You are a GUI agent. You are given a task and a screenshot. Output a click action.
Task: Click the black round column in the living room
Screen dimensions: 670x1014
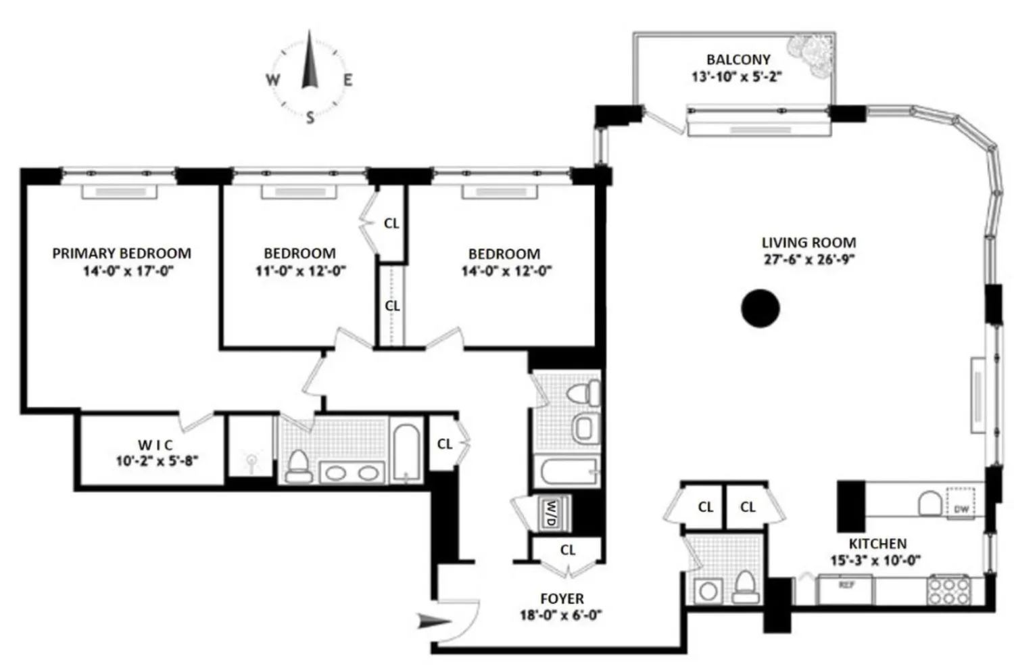[x=760, y=308]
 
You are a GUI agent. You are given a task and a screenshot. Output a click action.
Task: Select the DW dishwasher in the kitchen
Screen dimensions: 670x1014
[x=961, y=508]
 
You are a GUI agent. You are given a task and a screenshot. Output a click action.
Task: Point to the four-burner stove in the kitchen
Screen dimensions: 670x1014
[x=948, y=590]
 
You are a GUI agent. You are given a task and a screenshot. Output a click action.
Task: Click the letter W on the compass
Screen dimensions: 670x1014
[x=272, y=80]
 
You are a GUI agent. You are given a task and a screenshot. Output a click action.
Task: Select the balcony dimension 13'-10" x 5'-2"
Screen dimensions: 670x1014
[x=736, y=76]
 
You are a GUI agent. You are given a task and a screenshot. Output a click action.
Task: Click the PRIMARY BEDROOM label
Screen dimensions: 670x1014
[x=122, y=254]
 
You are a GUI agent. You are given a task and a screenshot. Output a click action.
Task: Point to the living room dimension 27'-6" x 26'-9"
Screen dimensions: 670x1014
[x=809, y=260]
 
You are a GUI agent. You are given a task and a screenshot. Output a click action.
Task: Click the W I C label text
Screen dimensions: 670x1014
[x=155, y=445]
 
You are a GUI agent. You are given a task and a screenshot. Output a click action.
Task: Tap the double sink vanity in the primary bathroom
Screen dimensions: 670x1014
[x=352, y=473]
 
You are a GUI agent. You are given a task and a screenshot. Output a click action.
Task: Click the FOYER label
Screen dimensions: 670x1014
[x=562, y=599]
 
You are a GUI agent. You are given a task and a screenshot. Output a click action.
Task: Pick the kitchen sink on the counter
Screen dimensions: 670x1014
[x=930, y=503]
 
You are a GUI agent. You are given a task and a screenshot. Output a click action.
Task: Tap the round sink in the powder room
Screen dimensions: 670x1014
[x=708, y=591]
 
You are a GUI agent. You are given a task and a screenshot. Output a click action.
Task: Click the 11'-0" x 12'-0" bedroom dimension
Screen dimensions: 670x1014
[x=300, y=271]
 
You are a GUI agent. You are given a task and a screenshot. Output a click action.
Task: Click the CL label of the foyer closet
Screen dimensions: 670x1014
[x=568, y=550]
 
